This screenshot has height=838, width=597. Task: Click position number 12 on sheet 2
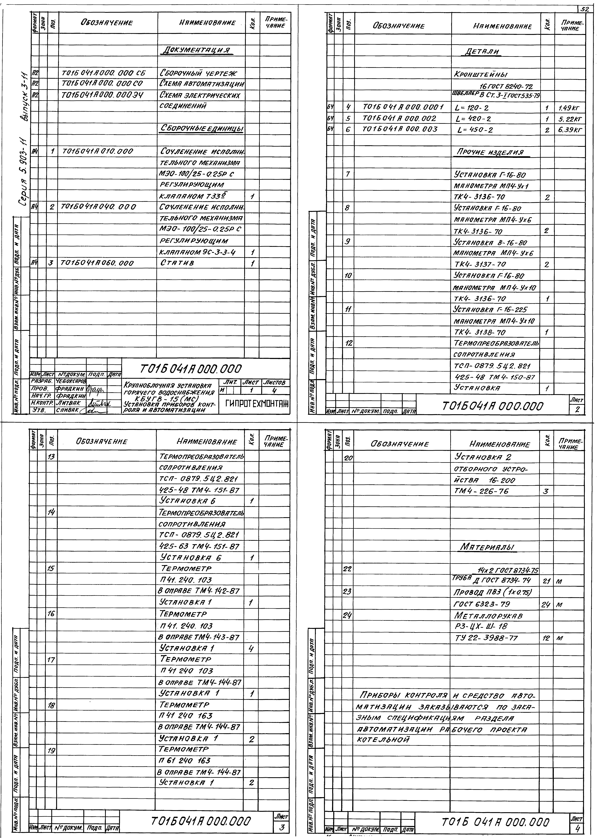pyautogui.click(x=349, y=343)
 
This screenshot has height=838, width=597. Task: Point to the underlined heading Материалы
pyautogui.click(x=487, y=548)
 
